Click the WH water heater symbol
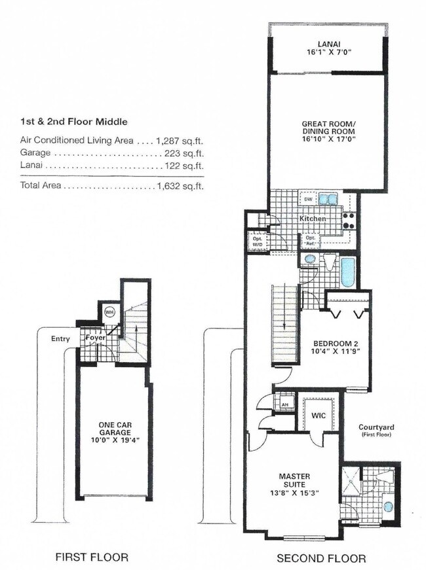pyautogui.click(x=109, y=312)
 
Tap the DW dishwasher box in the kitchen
pyautogui.click(x=307, y=199)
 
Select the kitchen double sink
pyautogui.click(x=328, y=199)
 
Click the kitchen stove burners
pyautogui.click(x=349, y=221)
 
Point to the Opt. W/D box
pyautogui.click(x=257, y=241)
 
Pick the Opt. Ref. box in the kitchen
pyautogui.click(x=310, y=241)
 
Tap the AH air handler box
pyautogui.click(x=284, y=404)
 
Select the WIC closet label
pyautogui.click(x=319, y=415)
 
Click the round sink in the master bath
pyautogui.click(x=389, y=506)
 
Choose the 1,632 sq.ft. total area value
pyautogui.click(x=180, y=186)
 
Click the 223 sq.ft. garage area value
pyautogui.click(x=184, y=153)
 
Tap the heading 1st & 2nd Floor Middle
pyautogui.click(x=74, y=122)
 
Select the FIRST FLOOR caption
pyautogui.click(x=92, y=556)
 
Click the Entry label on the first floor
pyautogui.click(x=60, y=339)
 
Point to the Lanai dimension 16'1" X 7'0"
pyautogui.click(x=329, y=52)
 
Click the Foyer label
pyautogui.click(x=96, y=338)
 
